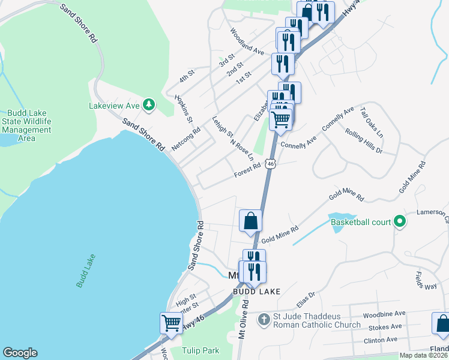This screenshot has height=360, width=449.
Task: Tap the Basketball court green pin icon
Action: coord(398,222)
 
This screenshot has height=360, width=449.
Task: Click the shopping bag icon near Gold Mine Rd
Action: coord(250,220)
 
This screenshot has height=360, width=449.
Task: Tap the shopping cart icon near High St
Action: coord(171,323)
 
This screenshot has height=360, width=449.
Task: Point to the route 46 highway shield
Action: coord(271,164)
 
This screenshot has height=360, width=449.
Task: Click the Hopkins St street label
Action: coord(187,109)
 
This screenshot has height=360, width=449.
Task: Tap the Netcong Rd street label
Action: coord(185,139)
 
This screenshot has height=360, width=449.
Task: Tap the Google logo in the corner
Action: coord(20,353)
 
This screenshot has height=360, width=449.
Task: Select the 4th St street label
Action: coord(187,76)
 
